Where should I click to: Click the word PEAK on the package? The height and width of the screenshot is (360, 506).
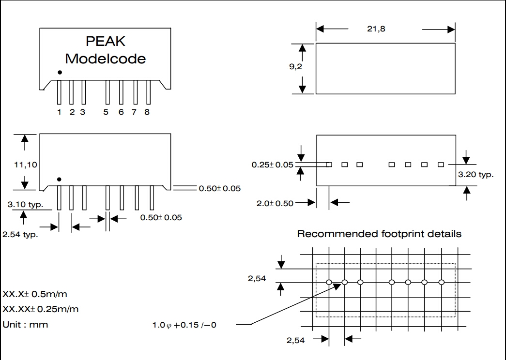pos(106,42)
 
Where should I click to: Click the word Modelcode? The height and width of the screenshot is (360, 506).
pos(106,59)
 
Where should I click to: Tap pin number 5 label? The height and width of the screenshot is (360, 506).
pos(106,112)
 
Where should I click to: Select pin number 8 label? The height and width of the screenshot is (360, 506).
pos(147,112)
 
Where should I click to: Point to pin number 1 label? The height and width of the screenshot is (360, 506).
pos(59,112)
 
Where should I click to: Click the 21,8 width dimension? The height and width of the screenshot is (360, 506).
pos(376,29)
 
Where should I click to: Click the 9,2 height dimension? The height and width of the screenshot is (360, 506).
pos(296,67)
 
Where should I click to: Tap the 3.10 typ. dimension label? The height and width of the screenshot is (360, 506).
pos(25,205)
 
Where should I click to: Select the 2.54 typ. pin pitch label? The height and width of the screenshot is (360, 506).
pos(20,235)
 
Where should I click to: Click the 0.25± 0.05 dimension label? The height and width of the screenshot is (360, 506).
pos(272,165)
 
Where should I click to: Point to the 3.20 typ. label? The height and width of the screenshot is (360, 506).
pos(476,174)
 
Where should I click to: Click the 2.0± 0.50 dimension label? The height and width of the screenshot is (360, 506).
pos(275,203)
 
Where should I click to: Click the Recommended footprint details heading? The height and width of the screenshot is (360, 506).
pos(379,234)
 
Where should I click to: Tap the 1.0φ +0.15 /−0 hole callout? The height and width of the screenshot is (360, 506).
pos(184,325)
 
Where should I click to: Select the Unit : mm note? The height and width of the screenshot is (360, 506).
pos(25,324)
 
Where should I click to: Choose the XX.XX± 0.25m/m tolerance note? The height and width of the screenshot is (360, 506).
pos(41,309)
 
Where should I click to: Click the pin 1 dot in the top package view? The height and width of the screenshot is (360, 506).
pos(60,73)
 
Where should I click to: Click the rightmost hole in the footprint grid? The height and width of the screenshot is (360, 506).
pos(441,282)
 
